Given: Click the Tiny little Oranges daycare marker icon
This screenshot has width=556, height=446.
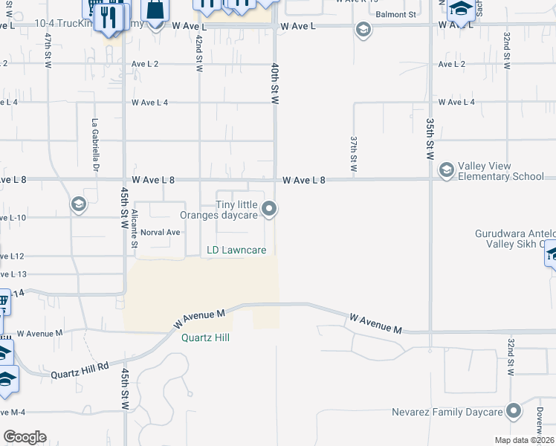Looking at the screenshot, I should click(271, 210).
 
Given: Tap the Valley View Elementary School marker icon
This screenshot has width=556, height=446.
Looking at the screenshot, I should click(446, 171).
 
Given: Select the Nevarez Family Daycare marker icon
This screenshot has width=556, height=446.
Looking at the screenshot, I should click(514, 411).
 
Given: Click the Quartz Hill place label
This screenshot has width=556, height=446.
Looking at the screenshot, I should click(205, 337).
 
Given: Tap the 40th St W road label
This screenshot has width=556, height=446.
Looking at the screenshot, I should click(274, 83).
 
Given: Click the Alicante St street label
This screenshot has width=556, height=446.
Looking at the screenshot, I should click(134, 228).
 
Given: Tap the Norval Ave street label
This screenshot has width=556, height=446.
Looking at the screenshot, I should click(161, 232).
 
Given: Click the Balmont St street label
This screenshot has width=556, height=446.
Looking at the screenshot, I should click(395, 14).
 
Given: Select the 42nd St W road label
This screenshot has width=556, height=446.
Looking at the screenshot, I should click(199, 52).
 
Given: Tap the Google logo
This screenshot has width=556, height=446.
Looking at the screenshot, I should click(25, 437).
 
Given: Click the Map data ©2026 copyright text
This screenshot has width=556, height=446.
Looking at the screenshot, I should click(524, 440).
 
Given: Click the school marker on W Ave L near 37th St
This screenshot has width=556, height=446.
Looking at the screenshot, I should click(363, 30).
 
